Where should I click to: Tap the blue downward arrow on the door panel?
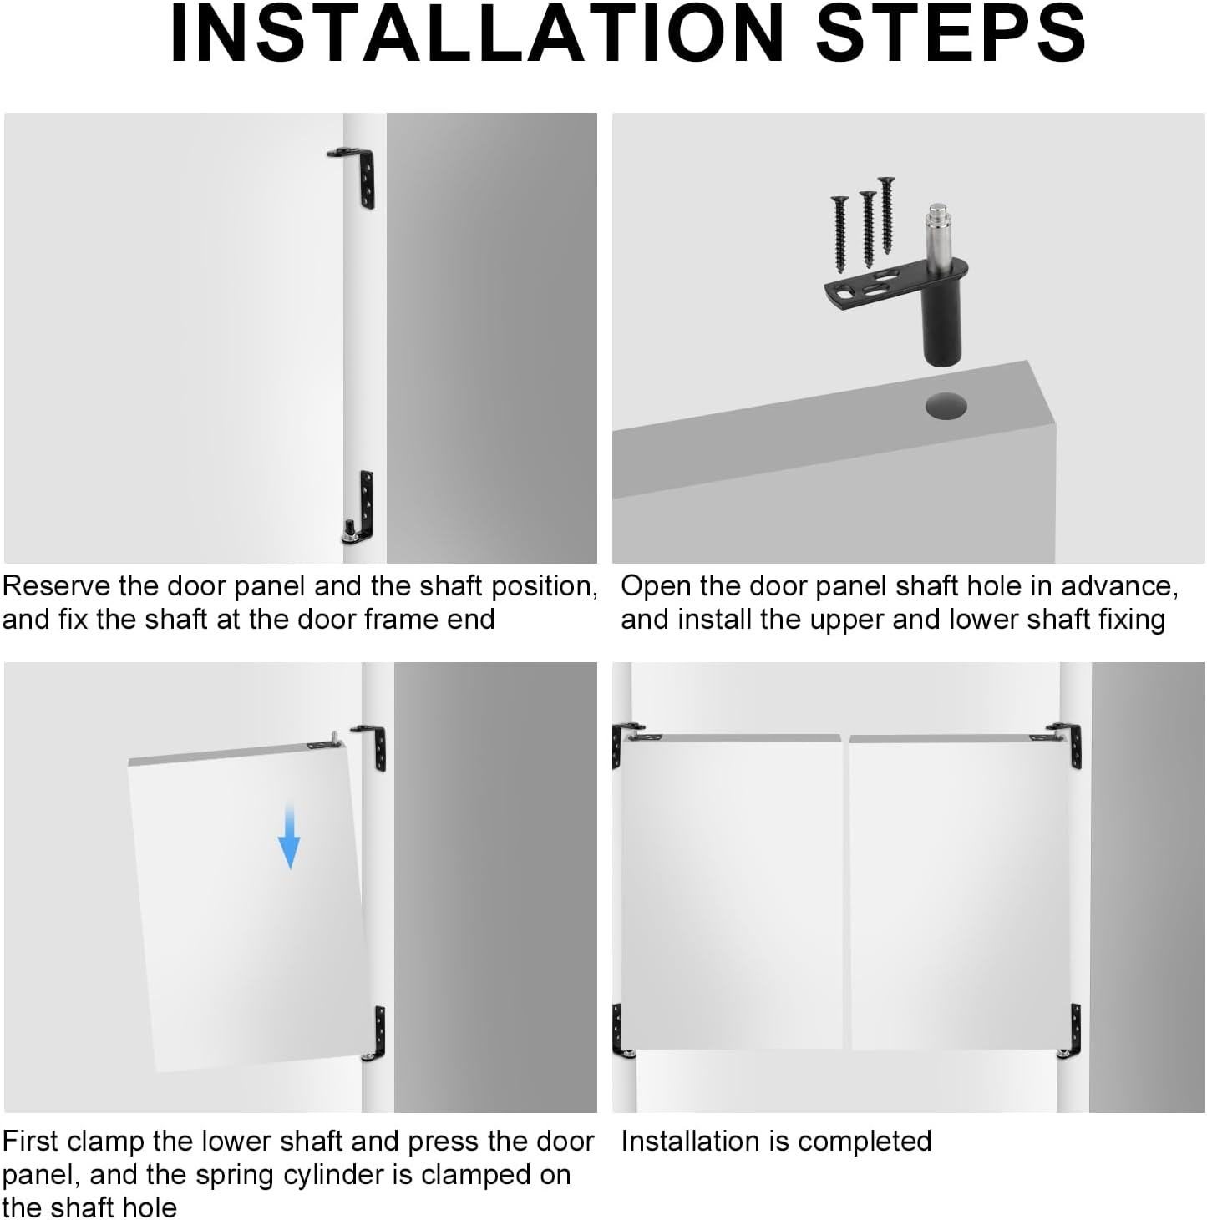coord(289,836)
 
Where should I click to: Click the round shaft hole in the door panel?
coord(946,406)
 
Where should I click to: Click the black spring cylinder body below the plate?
coord(941,328)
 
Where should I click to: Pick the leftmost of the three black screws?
coord(840,234)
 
